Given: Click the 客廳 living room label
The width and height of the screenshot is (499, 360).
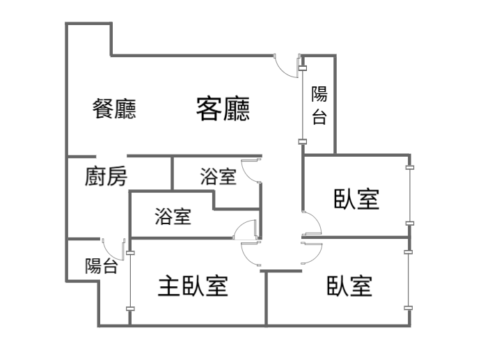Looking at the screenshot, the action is click(223, 109).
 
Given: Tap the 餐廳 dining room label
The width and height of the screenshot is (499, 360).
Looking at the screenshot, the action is click(114, 109).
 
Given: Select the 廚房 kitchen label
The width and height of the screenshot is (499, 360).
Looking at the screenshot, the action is click(106, 176).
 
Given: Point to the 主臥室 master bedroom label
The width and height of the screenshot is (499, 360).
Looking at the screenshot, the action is click(193, 285).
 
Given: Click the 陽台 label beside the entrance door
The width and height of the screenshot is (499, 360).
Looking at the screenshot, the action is click(319, 105).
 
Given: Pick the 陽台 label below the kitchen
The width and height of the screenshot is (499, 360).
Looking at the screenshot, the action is click(101, 266).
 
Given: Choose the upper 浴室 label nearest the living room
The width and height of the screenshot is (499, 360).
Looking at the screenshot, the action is click(219, 176).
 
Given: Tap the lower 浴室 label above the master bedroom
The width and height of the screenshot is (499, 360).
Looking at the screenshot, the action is click(173, 216).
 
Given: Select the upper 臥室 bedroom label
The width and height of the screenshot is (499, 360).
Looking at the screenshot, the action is click(356, 199).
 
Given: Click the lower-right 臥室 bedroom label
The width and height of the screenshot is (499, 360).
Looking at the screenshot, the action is click(349, 285).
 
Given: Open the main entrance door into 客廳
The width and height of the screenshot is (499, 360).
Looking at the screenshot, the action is click(287, 65).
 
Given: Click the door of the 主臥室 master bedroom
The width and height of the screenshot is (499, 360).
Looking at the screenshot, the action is click(251, 253).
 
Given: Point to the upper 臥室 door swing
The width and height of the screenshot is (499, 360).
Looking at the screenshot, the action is click(312, 224).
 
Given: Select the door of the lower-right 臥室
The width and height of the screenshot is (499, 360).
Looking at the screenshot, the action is click(312, 253).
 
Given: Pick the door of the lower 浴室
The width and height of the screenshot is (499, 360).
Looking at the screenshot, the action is click(245, 230).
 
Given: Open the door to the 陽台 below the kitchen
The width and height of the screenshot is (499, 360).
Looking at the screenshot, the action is click(113, 249).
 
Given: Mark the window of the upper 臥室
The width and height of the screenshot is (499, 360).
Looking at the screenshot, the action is click(410, 196).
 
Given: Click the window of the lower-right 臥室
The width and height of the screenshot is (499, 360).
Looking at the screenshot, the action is click(409, 280).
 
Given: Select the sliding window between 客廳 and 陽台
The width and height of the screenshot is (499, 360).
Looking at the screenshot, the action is click(302, 105).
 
